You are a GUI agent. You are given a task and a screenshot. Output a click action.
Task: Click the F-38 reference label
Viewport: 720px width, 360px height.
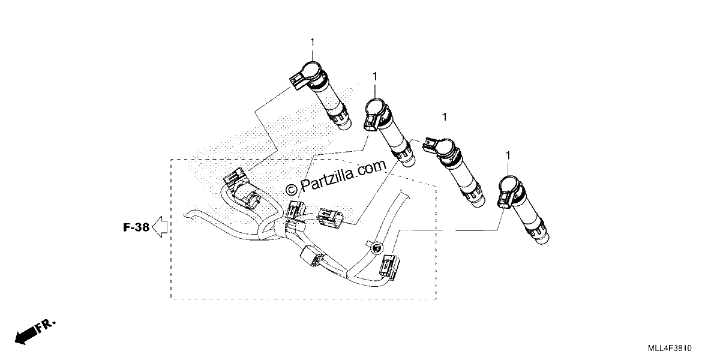(136, 227)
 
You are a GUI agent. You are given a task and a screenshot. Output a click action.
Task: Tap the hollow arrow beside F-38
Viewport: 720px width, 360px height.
(160, 227)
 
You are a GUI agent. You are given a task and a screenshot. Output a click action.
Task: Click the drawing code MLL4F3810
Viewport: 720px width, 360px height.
(670, 348)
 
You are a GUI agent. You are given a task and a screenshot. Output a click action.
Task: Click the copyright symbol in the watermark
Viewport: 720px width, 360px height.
(291, 190)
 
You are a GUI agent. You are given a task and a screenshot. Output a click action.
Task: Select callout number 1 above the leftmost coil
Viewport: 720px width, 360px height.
(312, 43)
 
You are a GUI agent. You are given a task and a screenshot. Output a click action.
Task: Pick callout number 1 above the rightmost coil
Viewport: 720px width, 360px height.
(508, 155)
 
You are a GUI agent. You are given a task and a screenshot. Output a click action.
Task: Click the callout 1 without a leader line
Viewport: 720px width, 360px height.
(445, 117)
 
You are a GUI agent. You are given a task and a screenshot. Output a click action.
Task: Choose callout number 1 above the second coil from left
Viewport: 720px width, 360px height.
(375, 77)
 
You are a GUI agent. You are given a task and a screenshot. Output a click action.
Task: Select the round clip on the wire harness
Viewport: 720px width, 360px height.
(376, 248)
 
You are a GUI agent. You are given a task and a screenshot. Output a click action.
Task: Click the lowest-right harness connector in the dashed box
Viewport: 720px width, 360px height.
(390, 266)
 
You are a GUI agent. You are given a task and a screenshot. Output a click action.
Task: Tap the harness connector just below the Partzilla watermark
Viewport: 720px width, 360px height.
(296, 209)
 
